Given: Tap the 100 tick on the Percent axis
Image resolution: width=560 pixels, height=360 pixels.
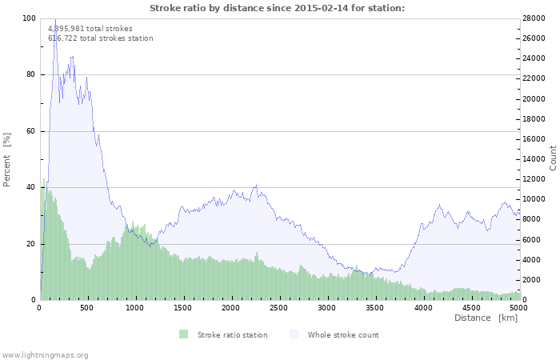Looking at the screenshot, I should (30, 18).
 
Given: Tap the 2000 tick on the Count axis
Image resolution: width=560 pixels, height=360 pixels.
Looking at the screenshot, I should (534, 280).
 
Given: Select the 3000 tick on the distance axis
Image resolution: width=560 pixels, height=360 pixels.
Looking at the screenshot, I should (327, 307).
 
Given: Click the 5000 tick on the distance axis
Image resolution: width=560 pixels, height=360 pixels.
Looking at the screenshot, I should (518, 307).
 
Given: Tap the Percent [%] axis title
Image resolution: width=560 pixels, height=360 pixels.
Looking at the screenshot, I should (7, 159).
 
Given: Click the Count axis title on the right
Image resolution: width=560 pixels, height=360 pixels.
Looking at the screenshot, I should (553, 158).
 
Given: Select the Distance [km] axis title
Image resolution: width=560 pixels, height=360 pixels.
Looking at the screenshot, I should (486, 318).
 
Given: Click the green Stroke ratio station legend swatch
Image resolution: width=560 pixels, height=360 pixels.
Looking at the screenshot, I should (184, 334).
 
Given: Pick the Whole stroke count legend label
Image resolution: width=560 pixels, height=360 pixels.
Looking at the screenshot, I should (343, 334).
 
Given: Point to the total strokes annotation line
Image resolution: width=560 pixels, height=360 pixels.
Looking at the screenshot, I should (90, 28).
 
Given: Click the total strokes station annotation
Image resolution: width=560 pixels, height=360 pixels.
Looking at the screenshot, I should (100, 38).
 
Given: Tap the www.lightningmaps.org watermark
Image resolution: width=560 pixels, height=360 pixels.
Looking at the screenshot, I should (45, 354).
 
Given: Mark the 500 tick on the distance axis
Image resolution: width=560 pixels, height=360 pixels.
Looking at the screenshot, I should (88, 307).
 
